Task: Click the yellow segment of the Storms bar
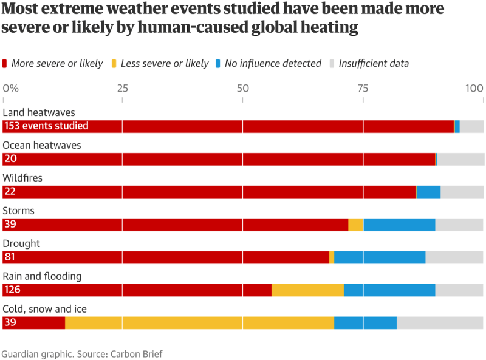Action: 355,224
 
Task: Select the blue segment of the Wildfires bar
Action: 428,191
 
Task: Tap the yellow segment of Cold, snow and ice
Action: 199,322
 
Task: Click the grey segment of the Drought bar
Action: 454,257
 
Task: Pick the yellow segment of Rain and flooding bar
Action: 307,290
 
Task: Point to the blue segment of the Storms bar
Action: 399,224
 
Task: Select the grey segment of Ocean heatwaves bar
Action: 460,158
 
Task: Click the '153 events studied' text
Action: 46,126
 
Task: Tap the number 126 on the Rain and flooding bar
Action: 12,290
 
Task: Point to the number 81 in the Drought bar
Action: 10,257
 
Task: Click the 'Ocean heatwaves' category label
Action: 42,145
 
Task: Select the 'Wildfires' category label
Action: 22,178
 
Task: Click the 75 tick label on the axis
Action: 363,88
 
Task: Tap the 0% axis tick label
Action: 11,88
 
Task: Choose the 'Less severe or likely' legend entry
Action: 165,63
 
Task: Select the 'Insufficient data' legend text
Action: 373,63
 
